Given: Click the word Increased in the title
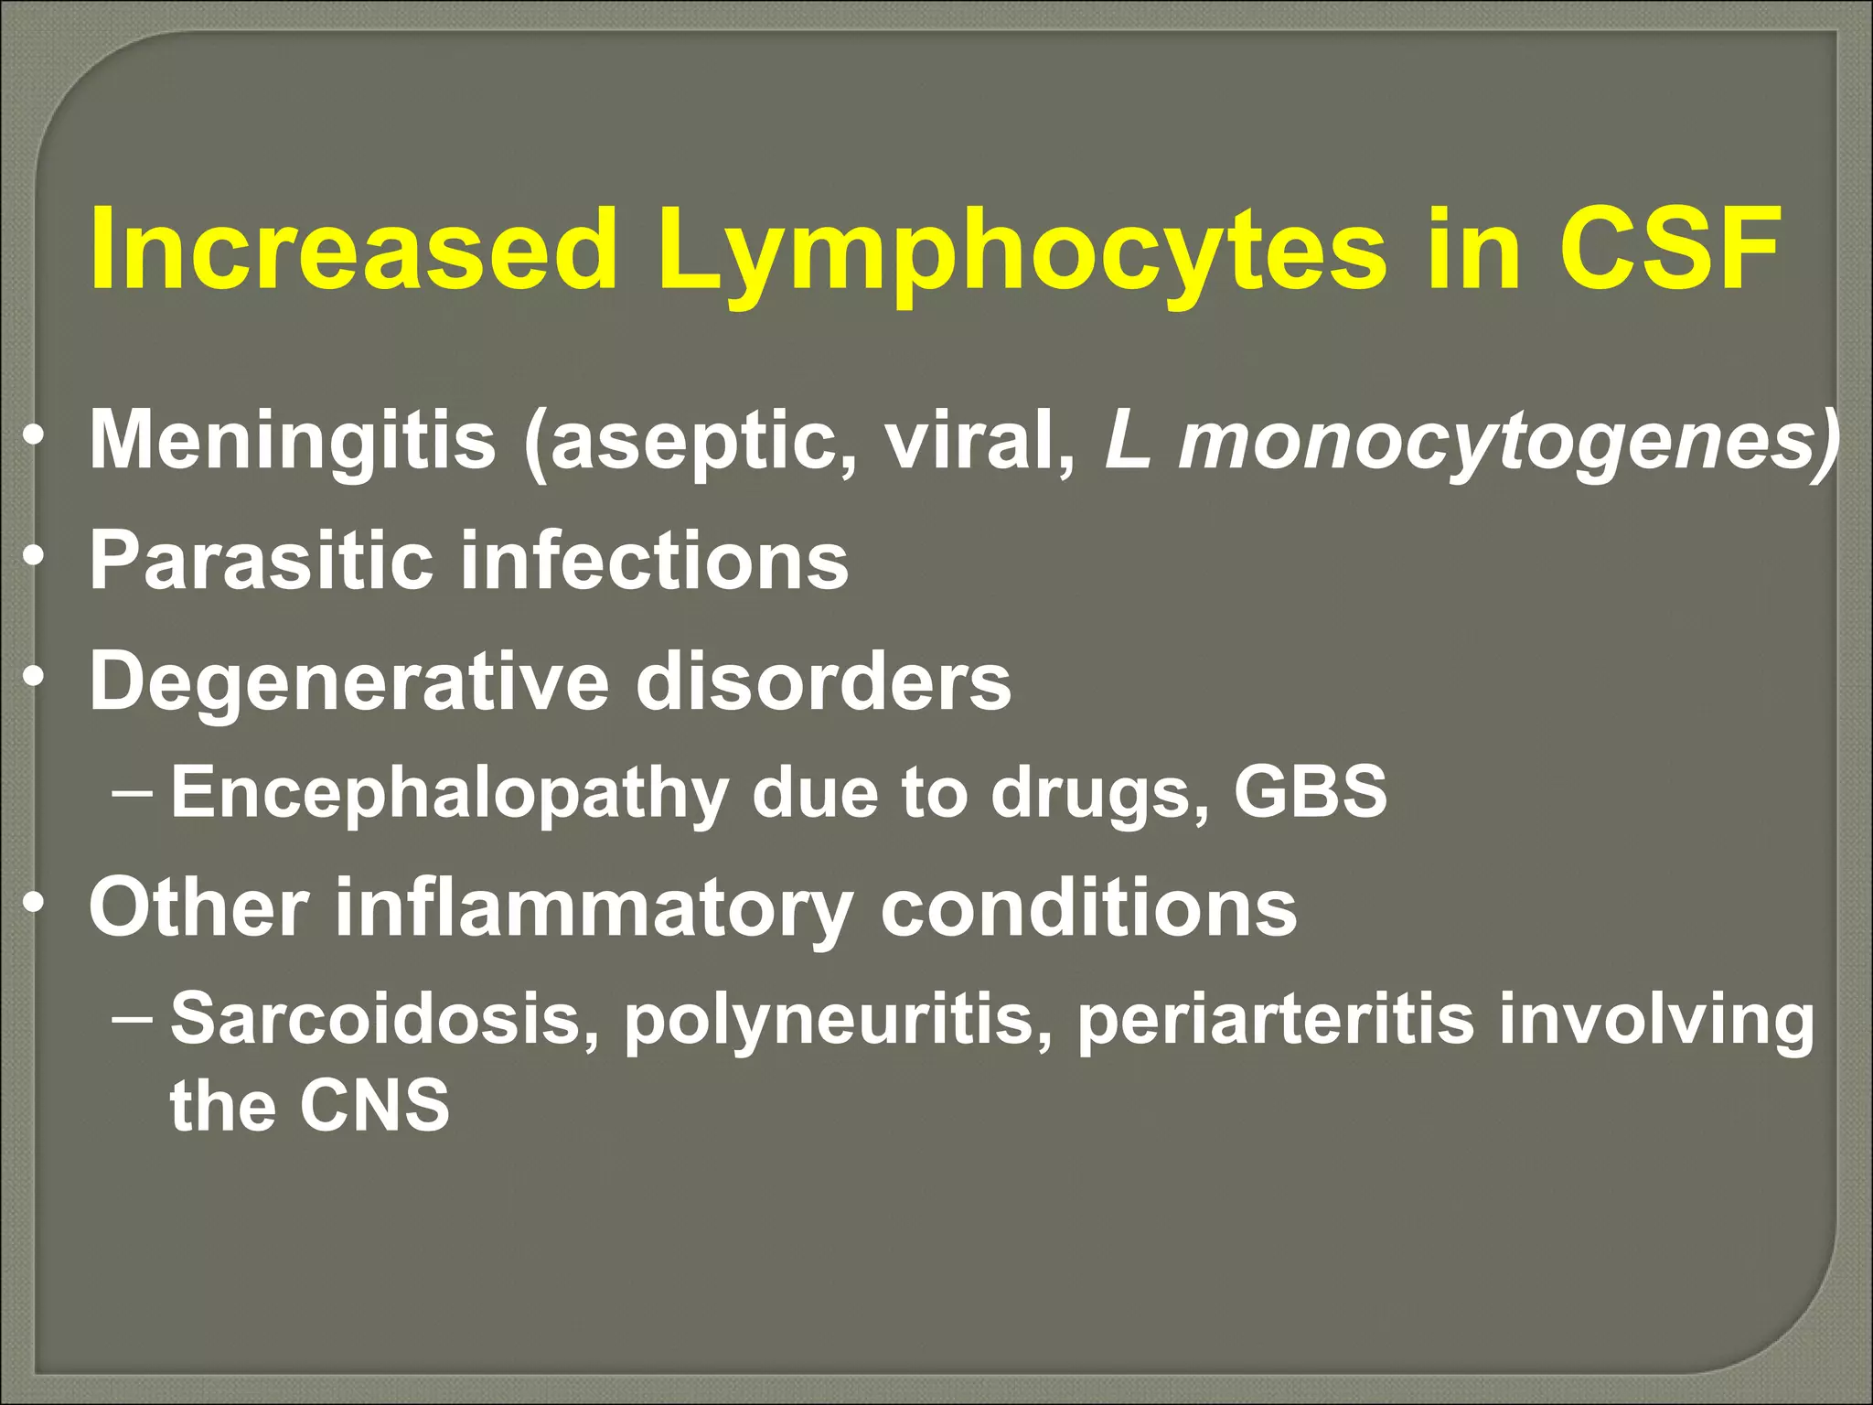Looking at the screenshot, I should [x=353, y=249].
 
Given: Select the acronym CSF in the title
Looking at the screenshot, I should [x=1670, y=249].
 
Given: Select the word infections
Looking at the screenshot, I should [x=655, y=560].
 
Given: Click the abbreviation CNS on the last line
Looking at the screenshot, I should [x=375, y=1105].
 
